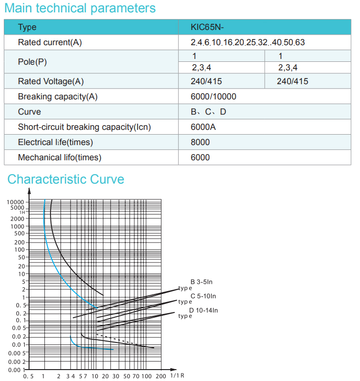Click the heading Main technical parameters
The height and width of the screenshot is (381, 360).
(x=80, y=8)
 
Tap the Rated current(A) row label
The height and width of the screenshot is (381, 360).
(x=50, y=42)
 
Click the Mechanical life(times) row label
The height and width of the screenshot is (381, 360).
(x=60, y=157)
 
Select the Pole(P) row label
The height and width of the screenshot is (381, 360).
(x=32, y=62)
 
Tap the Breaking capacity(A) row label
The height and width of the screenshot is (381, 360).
(x=58, y=97)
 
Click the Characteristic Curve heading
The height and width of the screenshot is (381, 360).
(x=66, y=179)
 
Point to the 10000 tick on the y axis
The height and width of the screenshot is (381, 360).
(x=15, y=202)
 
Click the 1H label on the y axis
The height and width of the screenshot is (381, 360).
(x=22, y=212)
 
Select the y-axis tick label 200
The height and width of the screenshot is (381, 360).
(x=20, y=242)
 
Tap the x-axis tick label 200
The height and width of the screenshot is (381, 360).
(x=161, y=376)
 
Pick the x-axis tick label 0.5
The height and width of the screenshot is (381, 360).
(x=28, y=376)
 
